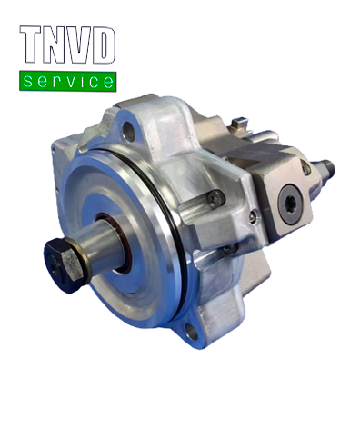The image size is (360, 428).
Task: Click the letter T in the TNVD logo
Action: [31, 44]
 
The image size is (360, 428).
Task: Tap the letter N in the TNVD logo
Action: [55, 45]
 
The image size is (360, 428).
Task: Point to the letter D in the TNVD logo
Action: [103, 45]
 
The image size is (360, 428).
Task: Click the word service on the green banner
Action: [68, 82]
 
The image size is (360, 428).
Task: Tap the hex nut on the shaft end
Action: [63, 264]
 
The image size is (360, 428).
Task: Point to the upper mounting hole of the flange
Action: [129, 131]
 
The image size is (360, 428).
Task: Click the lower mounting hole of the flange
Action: [192, 332]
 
